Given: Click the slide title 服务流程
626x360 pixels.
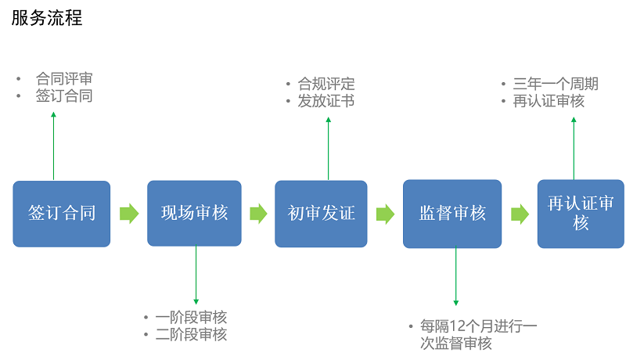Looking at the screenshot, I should point(47,18).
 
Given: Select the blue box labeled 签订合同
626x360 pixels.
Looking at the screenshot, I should point(62,214).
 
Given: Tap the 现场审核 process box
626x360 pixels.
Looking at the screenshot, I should point(194,213).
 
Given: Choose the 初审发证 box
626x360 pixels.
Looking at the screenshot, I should point(321,214).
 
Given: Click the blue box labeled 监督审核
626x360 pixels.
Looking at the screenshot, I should point(452,214).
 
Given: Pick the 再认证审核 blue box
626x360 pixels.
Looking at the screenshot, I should point(580,214).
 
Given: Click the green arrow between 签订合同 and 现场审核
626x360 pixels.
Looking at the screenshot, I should point(129,214).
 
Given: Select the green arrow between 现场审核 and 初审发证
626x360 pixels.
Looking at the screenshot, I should point(258,214).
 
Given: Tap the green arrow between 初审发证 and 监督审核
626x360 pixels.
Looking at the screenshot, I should point(385,214).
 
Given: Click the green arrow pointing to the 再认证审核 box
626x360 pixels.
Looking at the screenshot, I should point(520,214).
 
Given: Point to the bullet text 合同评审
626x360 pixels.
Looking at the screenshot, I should point(64,79).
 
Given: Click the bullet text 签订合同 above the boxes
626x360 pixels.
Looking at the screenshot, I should point(64,96).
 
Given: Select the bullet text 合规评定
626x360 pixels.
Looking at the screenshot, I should point(326,84).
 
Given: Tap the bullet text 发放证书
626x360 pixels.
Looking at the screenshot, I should point(326,101).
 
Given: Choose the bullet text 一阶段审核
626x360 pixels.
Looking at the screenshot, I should point(191,318).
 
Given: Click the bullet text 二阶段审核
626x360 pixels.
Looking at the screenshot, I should point(191,335).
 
